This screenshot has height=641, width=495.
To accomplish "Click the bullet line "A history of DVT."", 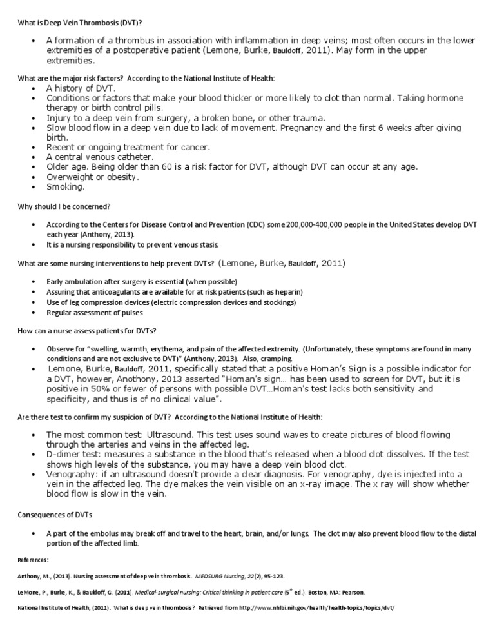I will coord(81,88).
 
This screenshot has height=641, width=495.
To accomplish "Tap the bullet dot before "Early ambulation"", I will coord(33,282).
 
